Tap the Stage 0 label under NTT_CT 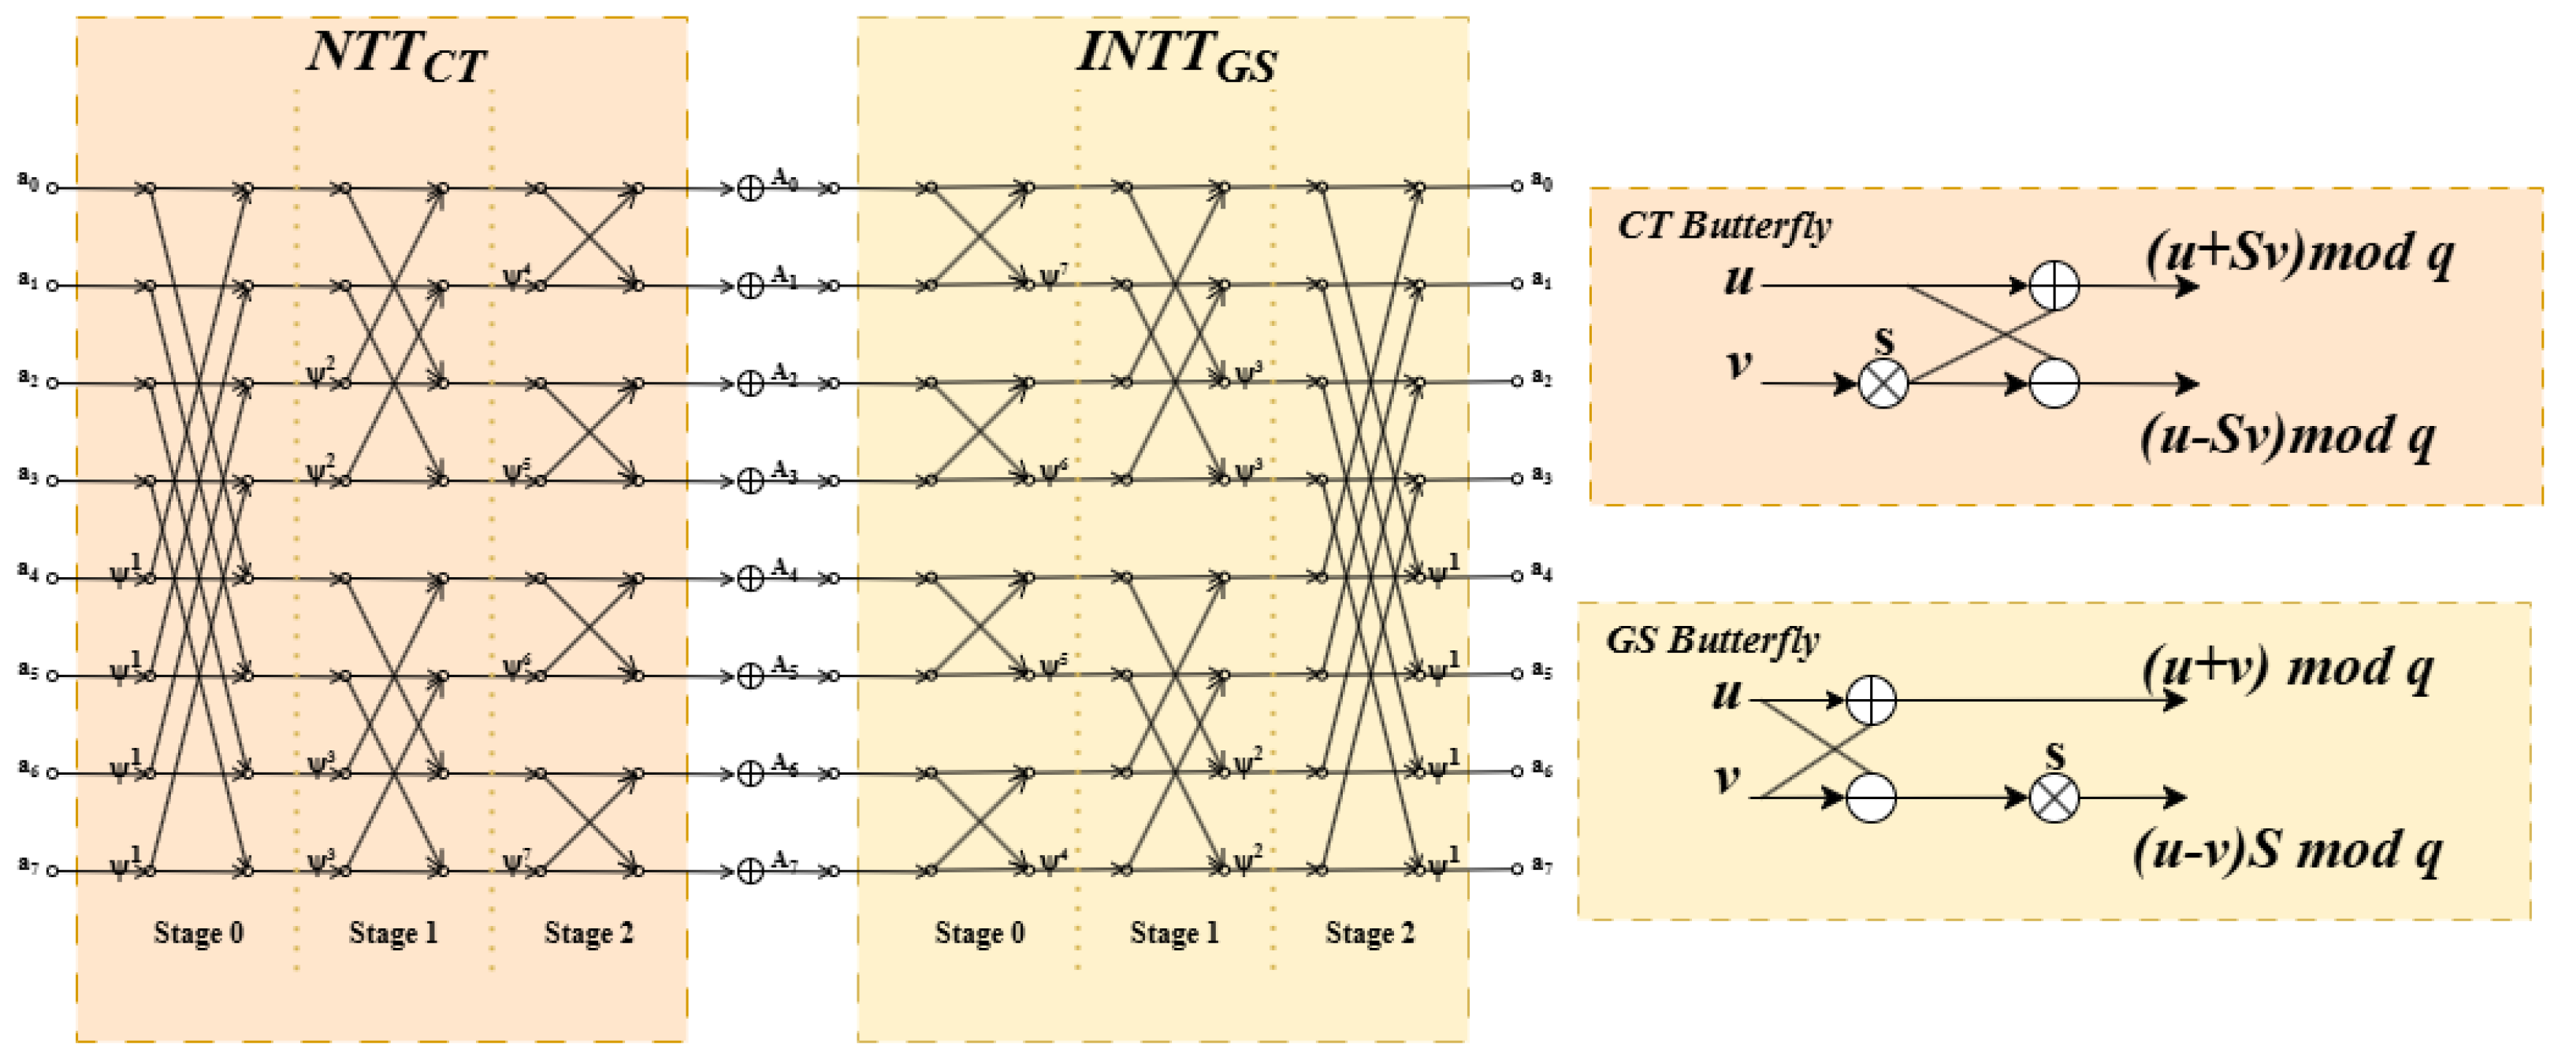199,933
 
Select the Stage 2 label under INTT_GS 1370,933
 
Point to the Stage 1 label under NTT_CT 393,933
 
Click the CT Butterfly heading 1724,226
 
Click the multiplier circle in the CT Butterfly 1883,383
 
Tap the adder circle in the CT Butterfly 2054,286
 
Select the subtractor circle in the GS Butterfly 1871,797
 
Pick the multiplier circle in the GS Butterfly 2054,797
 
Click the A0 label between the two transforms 784,180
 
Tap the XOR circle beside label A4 751,578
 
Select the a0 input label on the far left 28,180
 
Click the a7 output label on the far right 1541,865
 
